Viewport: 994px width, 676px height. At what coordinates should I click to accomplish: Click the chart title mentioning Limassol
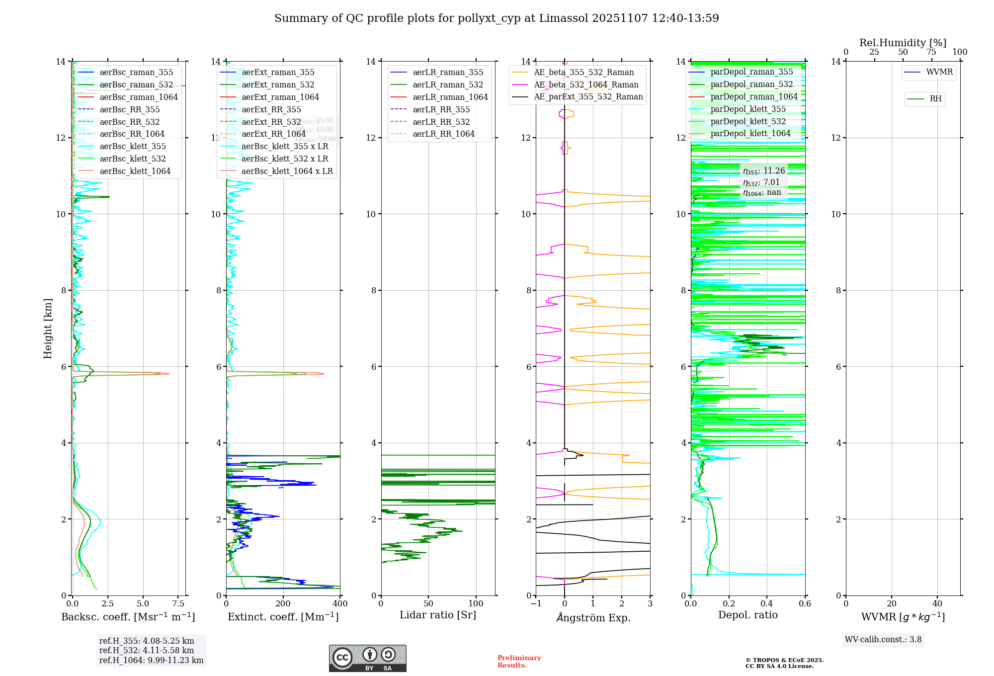coord(496,18)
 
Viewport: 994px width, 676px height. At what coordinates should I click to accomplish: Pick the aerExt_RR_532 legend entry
coord(271,122)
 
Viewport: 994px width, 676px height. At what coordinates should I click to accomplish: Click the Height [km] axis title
coord(48,328)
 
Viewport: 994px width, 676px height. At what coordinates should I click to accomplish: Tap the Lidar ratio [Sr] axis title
coord(437,615)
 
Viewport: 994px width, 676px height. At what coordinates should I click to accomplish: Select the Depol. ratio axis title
coord(747,615)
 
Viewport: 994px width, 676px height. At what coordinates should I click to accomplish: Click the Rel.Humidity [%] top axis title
coord(903,43)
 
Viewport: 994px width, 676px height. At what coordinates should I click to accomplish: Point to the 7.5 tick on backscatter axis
coord(178,604)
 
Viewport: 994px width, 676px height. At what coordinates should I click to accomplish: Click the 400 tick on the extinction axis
coord(340,604)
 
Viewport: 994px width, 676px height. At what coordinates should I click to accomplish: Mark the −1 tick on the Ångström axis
coord(536,604)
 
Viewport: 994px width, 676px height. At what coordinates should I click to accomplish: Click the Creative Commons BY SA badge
coord(367,659)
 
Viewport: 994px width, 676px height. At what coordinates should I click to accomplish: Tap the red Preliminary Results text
coord(519,662)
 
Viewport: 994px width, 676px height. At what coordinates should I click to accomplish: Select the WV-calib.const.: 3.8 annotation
coord(883,640)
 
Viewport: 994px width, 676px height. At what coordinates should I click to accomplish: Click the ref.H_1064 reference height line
coord(151,661)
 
